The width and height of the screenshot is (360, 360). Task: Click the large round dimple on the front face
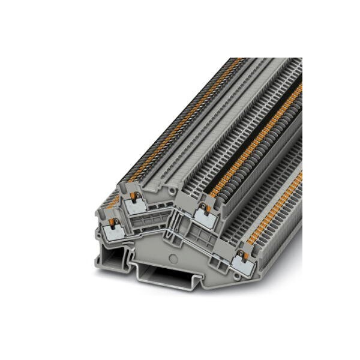pyautogui.click(x=173, y=259)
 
